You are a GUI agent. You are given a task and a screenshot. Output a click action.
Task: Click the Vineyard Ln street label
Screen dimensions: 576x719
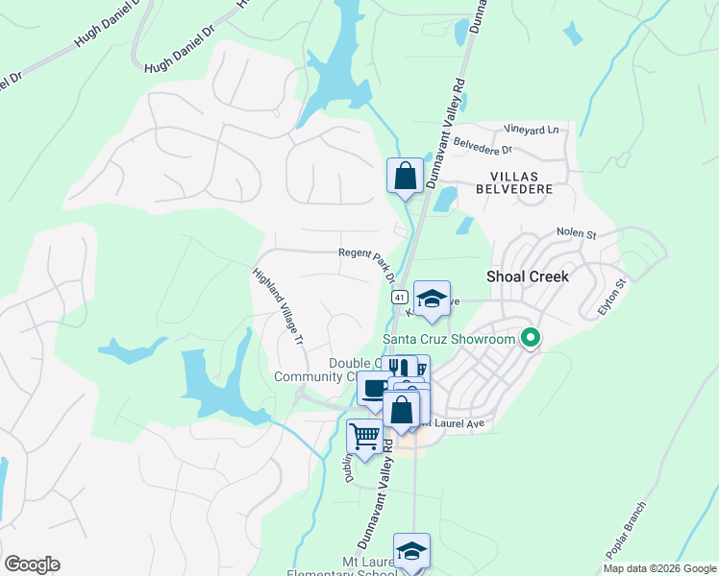coord(532,130)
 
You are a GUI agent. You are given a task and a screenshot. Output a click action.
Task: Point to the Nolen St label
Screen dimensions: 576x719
coord(577,233)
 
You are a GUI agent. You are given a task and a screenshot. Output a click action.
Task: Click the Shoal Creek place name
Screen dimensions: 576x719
coord(528,276)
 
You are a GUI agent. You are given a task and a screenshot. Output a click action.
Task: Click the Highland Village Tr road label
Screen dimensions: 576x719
coord(278,305)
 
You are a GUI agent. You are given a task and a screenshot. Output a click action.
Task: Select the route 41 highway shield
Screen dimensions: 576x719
coord(397,298)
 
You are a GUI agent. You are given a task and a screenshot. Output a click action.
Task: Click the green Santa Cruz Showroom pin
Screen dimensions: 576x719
coord(529,337)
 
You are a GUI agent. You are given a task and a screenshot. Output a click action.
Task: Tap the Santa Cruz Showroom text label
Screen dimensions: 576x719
coord(449,338)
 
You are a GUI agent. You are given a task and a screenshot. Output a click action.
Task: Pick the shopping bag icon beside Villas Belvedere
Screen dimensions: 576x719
coord(405,176)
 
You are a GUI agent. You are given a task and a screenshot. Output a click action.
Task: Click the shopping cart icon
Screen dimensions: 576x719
coord(364,437)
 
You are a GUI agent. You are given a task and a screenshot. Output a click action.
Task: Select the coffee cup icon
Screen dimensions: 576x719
coord(375,389)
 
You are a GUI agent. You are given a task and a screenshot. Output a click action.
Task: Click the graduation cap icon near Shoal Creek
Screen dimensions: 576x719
coord(433,299)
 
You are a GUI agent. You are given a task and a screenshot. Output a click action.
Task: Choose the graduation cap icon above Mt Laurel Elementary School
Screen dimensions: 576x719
coord(411,551)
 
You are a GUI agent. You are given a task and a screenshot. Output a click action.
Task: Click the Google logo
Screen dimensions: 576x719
coord(32,564)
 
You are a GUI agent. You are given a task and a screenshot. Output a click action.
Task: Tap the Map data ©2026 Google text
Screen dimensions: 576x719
coord(659,568)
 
